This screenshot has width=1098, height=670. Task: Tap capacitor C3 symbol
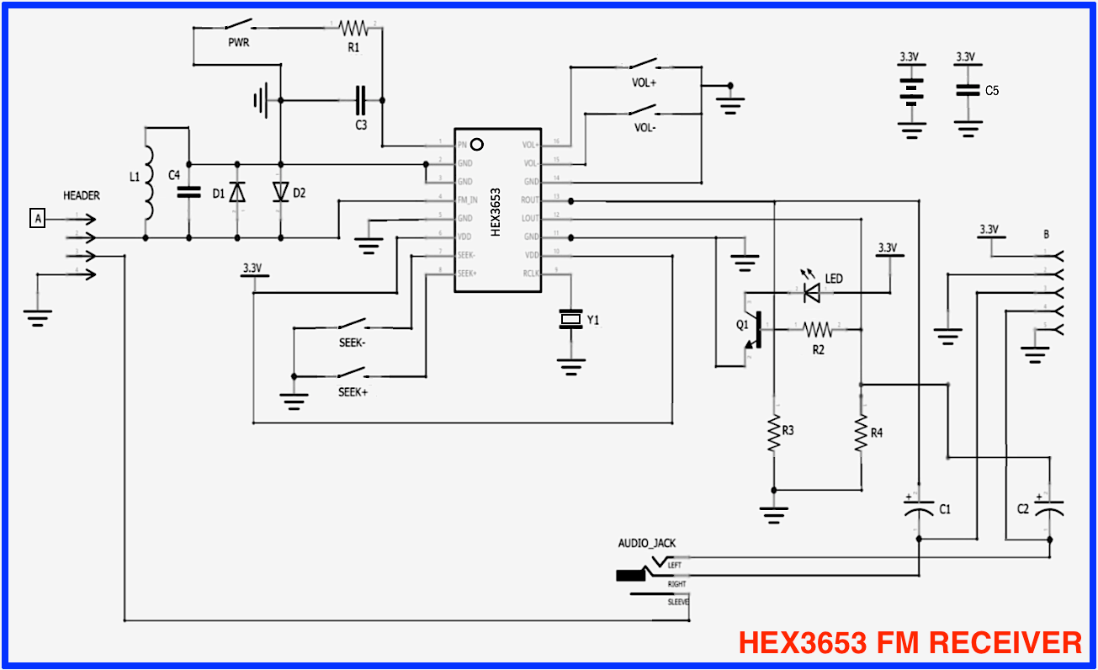coord(361,100)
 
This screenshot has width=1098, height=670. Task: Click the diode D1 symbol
coord(237,193)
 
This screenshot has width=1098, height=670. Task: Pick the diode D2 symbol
coord(280,193)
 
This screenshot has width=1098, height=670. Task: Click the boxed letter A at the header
coord(37,219)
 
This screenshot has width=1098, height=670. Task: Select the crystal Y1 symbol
coord(571,319)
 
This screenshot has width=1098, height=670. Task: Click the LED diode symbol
coord(811,292)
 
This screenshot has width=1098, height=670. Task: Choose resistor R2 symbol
coord(817,329)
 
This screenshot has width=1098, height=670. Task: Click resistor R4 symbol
coord(861,433)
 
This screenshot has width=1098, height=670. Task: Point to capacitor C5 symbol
coord(968,90)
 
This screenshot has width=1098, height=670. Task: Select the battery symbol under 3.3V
coord(910,90)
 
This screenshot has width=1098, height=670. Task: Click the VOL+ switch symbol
coord(644,65)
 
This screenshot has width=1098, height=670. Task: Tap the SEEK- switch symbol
coord(352,324)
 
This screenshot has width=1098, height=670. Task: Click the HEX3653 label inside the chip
coord(496,211)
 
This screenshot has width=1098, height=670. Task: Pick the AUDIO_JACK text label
coord(646,543)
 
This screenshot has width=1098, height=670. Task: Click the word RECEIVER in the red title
coord(1000,643)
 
